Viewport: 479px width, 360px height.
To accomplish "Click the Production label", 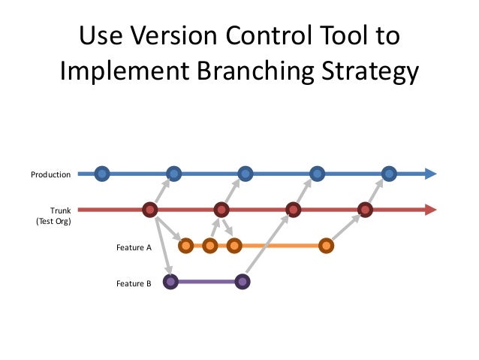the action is pyautogui.click(x=50, y=174).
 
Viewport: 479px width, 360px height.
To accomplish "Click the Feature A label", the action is pyautogui.click(x=134, y=246).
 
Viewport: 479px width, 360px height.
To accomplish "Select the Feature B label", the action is pyautogui.click(x=134, y=283).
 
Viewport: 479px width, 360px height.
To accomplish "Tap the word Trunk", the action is pyautogui.click(x=60, y=211).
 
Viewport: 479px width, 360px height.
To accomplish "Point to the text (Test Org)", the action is pyautogui.click(x=53, y=222).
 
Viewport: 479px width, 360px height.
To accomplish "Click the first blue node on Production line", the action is pyautogui.click(x=103, y=174).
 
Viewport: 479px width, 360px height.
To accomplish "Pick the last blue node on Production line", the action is pyautogui.click(x=388, y=174).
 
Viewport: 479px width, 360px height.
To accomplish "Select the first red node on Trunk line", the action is pyautogui.click(x=150, y=210).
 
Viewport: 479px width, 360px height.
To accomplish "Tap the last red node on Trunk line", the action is pyautogui.click(x=365, y=210).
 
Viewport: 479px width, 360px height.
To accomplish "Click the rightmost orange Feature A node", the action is pyautogui.click(x=326, y=245).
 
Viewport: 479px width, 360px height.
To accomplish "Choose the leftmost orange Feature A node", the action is pyautogui.click(x=185, y=245).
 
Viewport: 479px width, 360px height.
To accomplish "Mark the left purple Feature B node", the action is pyautogui.click(x=170, y=282).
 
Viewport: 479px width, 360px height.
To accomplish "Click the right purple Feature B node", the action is pyautogui.click(x=242, y=282).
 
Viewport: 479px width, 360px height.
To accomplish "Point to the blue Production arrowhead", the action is pyautogui.click(x=430, y=174).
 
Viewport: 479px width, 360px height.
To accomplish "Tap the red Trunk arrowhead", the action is pyautogui.click(x=430, y=210).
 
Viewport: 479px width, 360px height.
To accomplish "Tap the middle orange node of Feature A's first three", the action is pyautogui.click(x=209, y=245).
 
